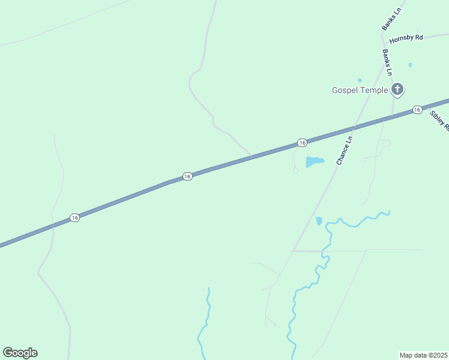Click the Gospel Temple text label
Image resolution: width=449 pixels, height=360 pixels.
tap(360, 91)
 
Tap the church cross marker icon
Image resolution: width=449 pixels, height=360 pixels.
tap(397, 89)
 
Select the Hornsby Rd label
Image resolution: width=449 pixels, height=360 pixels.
tap(406, 38)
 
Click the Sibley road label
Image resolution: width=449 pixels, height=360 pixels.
tap(440, 120)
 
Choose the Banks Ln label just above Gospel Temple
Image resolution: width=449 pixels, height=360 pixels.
tap(387, 62)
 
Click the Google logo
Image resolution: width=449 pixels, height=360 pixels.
tap(20, 353)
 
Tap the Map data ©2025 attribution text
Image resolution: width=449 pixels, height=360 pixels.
tap(423, 355)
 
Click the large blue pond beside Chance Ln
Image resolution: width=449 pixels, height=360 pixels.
tap(314, 161)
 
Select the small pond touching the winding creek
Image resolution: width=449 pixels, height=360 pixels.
tap(319, 221)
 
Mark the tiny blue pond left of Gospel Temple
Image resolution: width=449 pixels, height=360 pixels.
tap(360, 80)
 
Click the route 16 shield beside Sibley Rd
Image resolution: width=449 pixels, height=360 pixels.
tap(417, 110)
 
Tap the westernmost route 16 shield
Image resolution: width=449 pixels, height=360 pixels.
tap(74, 217)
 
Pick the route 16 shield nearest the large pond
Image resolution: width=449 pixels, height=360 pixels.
tap(302, 143)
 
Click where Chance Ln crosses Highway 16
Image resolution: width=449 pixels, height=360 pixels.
tap(354, 127)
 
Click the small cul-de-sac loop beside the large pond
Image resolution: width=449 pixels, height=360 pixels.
tap(295, 170)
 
